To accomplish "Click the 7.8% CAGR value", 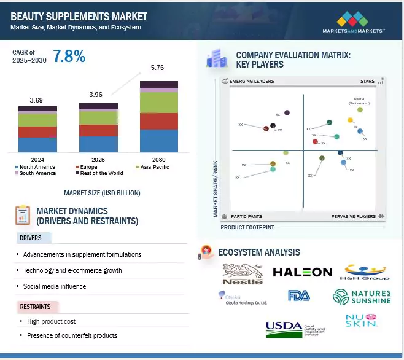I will tap(69, 57).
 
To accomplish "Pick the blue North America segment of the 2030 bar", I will tap(159, 141).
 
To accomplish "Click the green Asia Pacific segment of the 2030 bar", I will tap(159, 102).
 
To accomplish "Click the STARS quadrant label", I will tap(367, 81).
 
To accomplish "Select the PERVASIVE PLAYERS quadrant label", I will tap(354, 217).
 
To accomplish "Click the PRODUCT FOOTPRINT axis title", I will tap(247, 227).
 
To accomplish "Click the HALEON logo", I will tap(302, 272).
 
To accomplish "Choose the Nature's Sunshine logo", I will tap(361, 297).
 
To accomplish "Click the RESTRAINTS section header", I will tap(36, 307).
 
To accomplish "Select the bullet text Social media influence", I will tap(55, 286).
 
